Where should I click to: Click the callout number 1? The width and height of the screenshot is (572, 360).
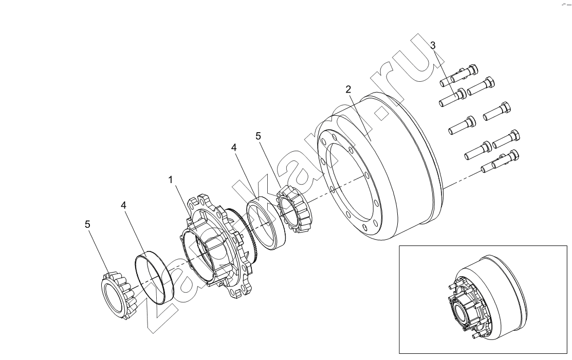(170, 180)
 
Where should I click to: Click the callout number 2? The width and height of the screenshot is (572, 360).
(348, 89)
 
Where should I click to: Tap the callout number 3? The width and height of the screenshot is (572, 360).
(433, 46)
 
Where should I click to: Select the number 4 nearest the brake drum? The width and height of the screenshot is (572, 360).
(234, 148)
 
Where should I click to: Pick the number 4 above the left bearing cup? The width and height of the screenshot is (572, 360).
(124, 206)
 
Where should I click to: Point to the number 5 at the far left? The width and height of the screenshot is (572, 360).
(87, 224)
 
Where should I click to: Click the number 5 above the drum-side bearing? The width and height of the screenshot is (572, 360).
(259, 137)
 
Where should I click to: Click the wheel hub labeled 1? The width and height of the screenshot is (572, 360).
(215, 247)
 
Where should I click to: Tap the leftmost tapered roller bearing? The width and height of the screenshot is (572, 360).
(119, 296)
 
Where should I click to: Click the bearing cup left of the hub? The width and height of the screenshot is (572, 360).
(154, 278)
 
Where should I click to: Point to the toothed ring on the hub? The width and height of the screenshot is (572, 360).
(248, 233)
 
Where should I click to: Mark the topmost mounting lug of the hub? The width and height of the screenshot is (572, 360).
(200, 201)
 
